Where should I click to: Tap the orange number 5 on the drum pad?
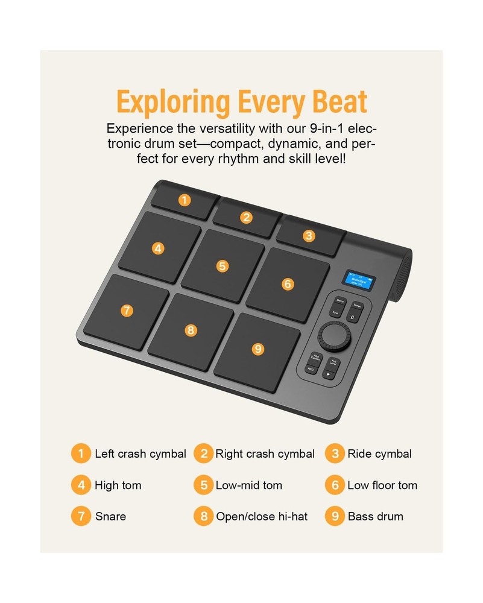pos(223,266)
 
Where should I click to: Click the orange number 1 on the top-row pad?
pos(185,200)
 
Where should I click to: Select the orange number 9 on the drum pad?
pos(258,349)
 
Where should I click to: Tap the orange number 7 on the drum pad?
pos(126,311)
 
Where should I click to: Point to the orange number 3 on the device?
pos(309,236)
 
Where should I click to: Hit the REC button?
pos(312,368)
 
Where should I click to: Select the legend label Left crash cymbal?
pos(140,454)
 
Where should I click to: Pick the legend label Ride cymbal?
pos(379,454)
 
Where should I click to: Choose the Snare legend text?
pos(110,517)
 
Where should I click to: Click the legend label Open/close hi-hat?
pos(262,517)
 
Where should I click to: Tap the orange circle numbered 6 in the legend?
pos(335,485)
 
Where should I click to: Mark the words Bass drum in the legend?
pos(375,517)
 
